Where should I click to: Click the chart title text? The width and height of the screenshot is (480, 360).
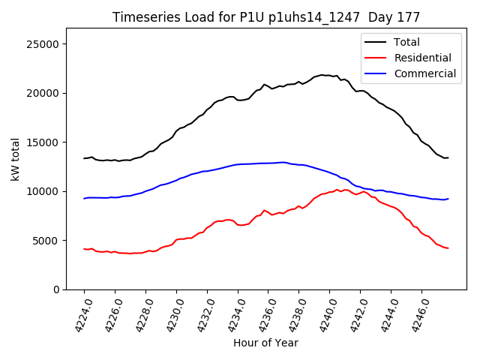(x=266, y=17)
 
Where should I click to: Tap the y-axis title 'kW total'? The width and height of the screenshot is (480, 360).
(x=16, y=159)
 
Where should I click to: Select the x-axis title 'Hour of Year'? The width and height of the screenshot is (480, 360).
(x=265, y=343)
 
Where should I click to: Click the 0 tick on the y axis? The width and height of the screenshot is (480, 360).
(x=56, y=289)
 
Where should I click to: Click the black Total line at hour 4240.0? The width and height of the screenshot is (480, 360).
(x=330, y=76)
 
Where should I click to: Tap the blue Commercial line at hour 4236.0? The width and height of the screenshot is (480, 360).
(x=268, y=163)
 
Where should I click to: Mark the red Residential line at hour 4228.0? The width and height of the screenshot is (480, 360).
(x=145, y=251)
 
